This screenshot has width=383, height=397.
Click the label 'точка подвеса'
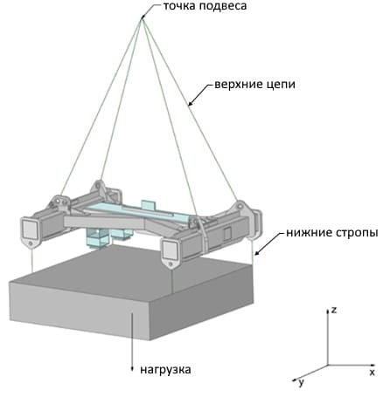(x=205, y=6)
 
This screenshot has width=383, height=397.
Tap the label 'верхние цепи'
(x=254, y=85)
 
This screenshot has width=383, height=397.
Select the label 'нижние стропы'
(x=332, y=233)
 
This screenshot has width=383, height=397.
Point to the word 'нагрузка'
(x=165, y=370)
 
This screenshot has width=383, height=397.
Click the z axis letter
(x=334, y=310)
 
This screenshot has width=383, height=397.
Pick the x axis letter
(x=372, y=373)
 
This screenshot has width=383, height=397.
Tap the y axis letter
(x=301, y=382)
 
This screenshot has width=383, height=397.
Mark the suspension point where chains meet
(x=143, y=18)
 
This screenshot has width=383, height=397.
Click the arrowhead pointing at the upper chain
(x=190, y=104)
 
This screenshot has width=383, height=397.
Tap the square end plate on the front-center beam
(x=171, y=250)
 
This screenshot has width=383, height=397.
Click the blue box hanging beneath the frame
(x=98, y=238)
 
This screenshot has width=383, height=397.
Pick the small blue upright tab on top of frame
(x=149, y=205)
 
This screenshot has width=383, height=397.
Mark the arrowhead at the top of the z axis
(x=328, y=311)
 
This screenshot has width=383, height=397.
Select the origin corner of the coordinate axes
(x=328, y=365)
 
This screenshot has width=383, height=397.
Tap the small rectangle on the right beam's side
(x=227, y=233)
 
